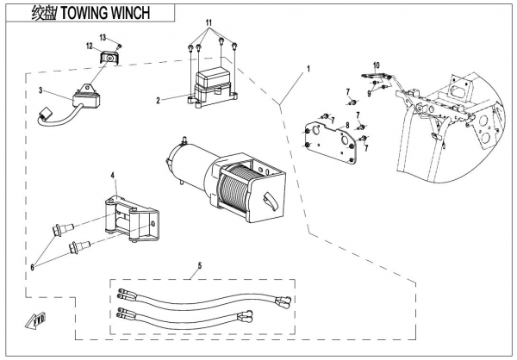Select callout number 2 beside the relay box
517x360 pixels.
pyautogui.click(x=158, y=101)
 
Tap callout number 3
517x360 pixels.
pyautogui.click(x=40, y=90)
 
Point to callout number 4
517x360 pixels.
pyautogui.click(x=112, y=175)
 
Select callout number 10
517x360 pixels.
pyautogui.click(x=376, y=65)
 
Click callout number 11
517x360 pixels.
pyautogui.click(x=207, y=19)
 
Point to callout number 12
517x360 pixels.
pyautogui.click(x=89, y=45)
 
